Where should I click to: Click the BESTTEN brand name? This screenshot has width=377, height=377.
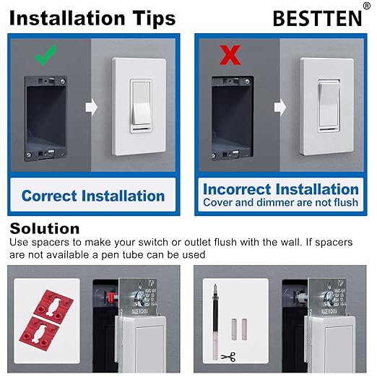(316, 18)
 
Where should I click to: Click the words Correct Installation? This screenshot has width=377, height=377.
(93, 196)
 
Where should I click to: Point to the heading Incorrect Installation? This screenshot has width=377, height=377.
(281, 189)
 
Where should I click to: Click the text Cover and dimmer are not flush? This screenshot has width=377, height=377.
(281, 203)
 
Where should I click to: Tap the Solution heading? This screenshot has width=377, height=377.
(45, 229)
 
